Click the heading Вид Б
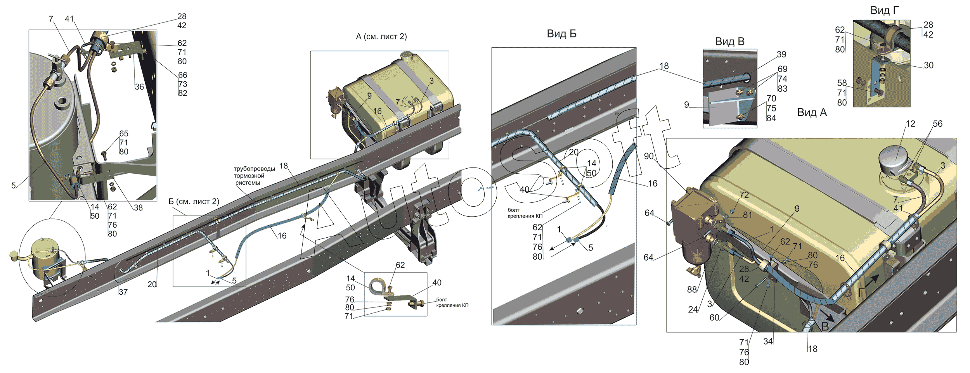click(561, 34)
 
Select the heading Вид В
click(729, 41)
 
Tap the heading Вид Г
click(884, 10)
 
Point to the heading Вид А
click(812, 112)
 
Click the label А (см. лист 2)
click(381, 36)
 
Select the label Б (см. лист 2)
click(194, 202)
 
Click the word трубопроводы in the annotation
click(254, 169)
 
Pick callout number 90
click(649, 156)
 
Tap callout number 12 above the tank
click(910, 124)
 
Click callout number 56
click(937, 124)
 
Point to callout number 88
click(692, 290)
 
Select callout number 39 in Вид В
click(781, 54)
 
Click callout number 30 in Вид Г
click(928, 65)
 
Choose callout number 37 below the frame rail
click(123, 292)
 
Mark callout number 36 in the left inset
click(139, 87)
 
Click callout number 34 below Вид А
click(768, 341)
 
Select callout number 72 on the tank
click(744, 195)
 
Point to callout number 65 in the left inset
click(124, 133)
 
